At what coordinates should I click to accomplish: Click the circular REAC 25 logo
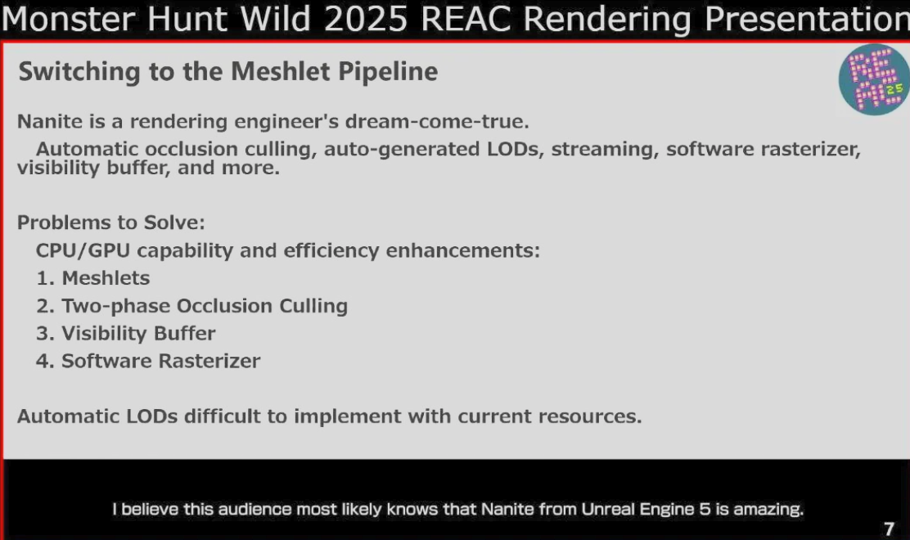pyautogui.click(x=874, y=79)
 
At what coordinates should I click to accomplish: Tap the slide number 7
pyautogui.click(x=889, y=529)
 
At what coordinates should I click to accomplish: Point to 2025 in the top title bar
pyautogui.click(x=366, y=19)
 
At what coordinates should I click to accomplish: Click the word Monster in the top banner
pyautogui.click(x=69, y=19)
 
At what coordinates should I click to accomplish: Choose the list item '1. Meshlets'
pyautogui.click(x=92, y=278)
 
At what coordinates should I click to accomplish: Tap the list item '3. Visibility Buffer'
pyautogui.click(x=126, y=334)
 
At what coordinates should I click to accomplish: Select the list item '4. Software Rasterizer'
pyautogui.click(x=148, y=361)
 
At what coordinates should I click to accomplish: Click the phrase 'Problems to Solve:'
pyautogui.click(x=110, y=223)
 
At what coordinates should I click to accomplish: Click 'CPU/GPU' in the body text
pyautogui.click(x=83, y=250)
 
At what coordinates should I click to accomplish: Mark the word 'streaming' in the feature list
pyautogui.click(x=605, y=150)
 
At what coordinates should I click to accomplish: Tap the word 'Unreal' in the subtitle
pyautogui.click(x=608, y=509)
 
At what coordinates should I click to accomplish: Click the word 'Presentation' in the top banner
pyautogui.click(x=807, y=19)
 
